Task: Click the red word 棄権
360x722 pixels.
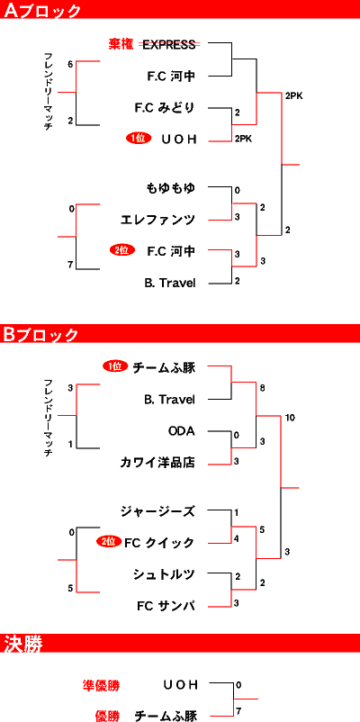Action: (121, 44)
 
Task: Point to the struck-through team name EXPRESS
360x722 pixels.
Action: (169, 44)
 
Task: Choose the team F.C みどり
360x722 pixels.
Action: (165, 108)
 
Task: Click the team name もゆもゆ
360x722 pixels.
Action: (170, 188)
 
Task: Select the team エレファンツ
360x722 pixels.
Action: (157, 220)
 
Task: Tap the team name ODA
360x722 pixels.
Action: (182, 431)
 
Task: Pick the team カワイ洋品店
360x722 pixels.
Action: (157, 463)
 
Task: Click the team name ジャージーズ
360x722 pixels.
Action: (157, 511)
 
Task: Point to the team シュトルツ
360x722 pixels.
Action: (164, 574)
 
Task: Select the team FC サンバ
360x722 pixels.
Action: (166, 606)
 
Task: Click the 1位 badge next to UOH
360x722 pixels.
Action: (139, 138)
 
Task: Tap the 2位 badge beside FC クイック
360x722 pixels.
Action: (109, 542)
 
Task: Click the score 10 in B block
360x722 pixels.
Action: (290, 418)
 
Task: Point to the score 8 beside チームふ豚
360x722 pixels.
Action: (262, 388)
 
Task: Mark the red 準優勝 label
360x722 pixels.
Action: (102, 685)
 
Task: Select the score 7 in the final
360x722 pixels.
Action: (238, 711)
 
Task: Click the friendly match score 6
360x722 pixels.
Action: (70, 65)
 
